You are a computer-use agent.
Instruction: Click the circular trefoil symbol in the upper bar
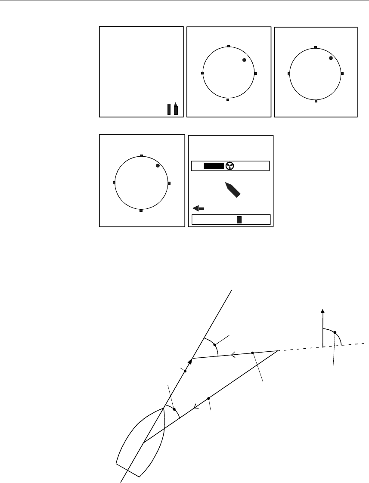point(229,166)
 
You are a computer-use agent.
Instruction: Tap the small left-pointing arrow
point(197,208)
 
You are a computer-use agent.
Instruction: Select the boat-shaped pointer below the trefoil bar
point(232,189)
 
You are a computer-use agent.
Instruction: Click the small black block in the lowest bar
point(239,220)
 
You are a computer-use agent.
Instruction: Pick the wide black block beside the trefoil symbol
point(214,166)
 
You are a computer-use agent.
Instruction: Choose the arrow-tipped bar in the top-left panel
point(176,108)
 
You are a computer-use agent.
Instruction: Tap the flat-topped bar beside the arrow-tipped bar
point(169,109)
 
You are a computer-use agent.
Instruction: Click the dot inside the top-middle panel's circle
point(244,60)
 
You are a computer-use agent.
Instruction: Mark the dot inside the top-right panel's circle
point(331,58)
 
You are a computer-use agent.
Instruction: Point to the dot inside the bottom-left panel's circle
point(158,166)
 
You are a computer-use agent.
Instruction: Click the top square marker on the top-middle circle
point(229,46)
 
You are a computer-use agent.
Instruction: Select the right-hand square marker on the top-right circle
point(342,74)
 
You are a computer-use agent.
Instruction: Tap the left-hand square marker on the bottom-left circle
point(114,183)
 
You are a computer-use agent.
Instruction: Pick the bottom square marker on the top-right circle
point(316,101)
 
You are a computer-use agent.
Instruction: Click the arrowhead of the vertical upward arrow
point(323,311)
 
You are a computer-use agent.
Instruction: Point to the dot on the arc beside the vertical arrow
point(335,333)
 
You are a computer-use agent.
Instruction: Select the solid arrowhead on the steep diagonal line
point(190,362)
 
